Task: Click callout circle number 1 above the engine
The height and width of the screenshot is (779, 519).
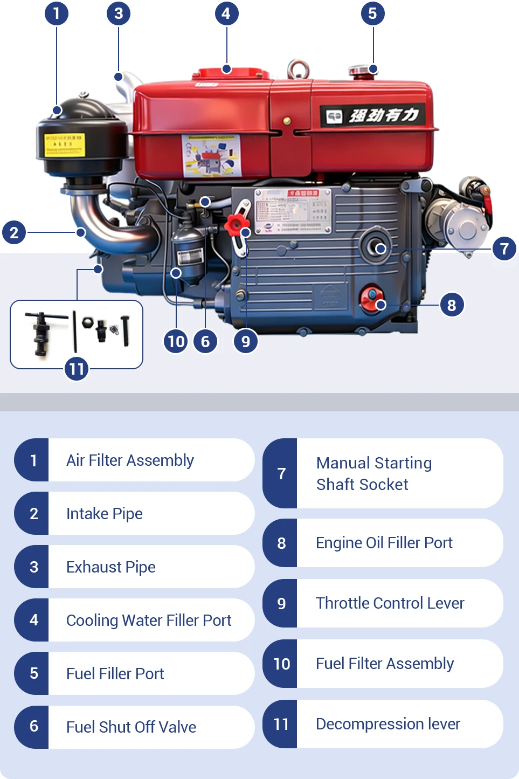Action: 56,13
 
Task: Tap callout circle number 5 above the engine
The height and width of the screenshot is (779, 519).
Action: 372,13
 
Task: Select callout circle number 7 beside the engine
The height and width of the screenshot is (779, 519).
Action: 504,249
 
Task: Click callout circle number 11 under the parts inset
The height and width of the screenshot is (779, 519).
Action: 77,369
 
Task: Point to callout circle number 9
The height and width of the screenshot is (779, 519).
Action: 246,341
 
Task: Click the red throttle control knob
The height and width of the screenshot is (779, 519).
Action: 235,224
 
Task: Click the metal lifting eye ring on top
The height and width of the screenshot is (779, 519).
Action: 297,68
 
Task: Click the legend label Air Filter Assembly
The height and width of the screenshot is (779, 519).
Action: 130,460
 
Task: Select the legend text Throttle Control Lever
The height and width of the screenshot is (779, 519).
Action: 390,603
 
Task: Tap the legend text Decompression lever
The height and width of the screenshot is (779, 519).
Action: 387,724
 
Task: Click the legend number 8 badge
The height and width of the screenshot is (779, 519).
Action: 281,543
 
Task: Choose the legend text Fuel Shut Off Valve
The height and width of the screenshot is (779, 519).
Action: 131,727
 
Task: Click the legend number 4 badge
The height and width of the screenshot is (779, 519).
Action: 33,620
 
